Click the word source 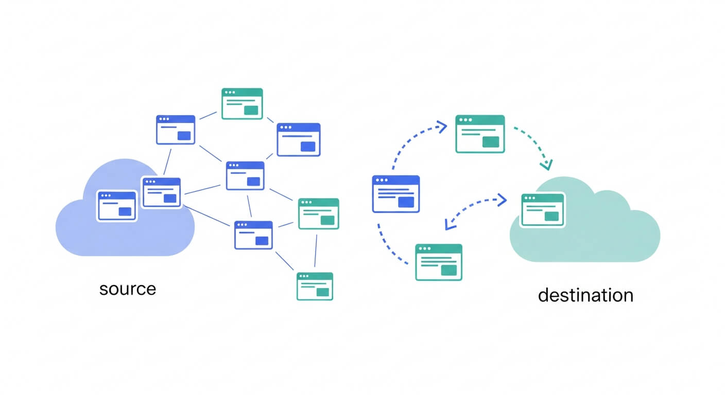tap(127, 289)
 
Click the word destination tap(585, 295)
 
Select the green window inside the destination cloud tap(543, 210)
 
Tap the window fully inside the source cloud tap(117, 206)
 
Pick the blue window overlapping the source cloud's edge tap(162, 192)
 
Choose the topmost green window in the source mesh tap(242, 103)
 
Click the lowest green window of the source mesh tap(315, 286)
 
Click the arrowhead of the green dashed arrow tap(546, 165)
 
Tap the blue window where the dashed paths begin tap(395, 194)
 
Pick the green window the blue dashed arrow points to tap(480, 134)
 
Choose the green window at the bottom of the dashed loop tap(439, 262)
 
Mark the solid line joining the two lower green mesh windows tap(316, 250)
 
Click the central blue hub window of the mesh tap(245, 175)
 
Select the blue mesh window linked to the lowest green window tap(253, 235)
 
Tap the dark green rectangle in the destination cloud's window tap(551, 216)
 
